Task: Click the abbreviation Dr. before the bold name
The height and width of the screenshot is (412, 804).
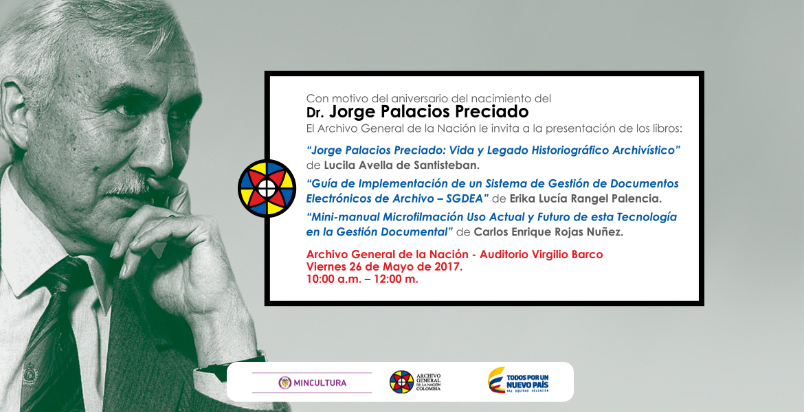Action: (x=315, y=113)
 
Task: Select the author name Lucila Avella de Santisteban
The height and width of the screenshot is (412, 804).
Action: (x=401, y=165)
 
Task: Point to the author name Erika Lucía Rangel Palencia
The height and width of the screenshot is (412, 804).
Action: (x=585, y=198)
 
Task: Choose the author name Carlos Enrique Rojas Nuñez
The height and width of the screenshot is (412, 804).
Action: (x=548, y=231)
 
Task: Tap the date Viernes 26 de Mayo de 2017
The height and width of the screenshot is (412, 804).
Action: (x=384, y=266)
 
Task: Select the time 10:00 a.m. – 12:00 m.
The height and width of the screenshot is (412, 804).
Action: (x=362, y=279)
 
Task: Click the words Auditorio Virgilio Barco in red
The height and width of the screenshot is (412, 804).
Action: (x=541, y=254)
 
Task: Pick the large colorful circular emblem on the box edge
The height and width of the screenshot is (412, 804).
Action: (x=267, y=188)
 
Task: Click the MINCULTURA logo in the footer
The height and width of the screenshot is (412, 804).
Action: (x=312, y=382)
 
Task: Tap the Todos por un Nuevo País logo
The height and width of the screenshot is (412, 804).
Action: (x=518, y=380)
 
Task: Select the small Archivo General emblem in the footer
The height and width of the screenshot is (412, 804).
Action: (x=401, y=382)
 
